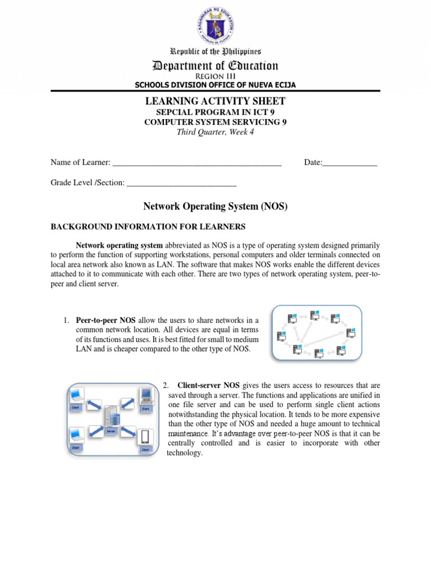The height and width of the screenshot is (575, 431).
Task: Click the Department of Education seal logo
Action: (x=215, y=25)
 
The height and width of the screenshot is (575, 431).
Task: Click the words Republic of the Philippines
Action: (x=215, y=51)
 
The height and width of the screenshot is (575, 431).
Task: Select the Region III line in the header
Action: (x=215, y=76)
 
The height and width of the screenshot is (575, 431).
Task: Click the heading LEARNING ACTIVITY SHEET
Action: (x=215, y=101)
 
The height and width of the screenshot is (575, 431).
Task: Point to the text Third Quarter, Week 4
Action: (x=215, y=133)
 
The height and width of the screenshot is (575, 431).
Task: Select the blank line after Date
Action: (x=350, y=163)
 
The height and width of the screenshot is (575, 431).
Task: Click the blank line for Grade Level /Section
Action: (x=181, y=182)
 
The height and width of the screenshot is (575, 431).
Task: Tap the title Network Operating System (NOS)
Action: (x=215, y=207)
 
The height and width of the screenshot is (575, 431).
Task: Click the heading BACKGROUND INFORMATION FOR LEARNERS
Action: (x=148, y=226)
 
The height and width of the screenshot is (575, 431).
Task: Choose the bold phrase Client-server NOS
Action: (x=208, y=386)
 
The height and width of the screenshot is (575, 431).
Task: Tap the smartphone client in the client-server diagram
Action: (x=145, y=436)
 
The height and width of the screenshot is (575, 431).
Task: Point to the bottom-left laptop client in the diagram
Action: (x=76, y=436)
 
